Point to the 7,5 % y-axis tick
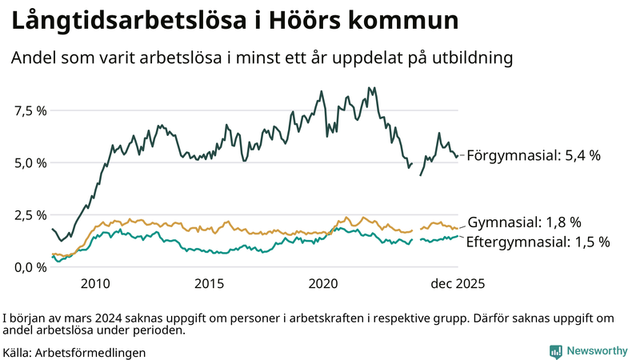(30, 110)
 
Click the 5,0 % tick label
(30, 162)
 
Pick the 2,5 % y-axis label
(30, 215)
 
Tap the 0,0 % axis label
(30, 267)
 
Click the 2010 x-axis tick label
(95, 283)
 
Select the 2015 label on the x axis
(210, 283)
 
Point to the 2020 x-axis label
(324, 283)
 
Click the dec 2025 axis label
(458, 283)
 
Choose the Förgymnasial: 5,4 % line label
(533, 156)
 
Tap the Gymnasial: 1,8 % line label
(524, 222)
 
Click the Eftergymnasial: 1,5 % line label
(538, 241)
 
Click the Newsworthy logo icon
(555, 351)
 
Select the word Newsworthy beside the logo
(598, 351)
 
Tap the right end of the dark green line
(458, 156)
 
